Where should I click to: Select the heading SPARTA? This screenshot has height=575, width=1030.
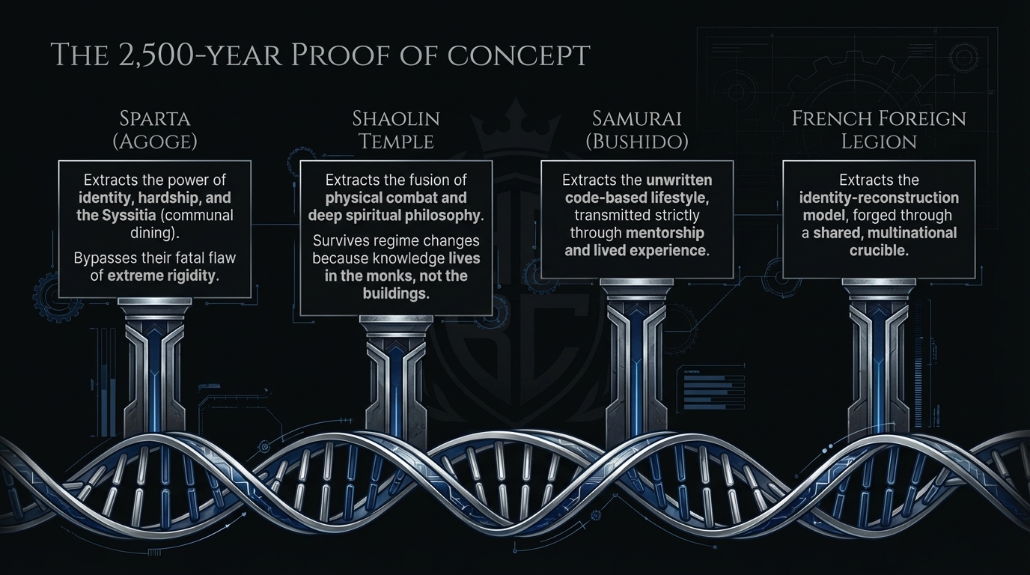click(x=155, y=118)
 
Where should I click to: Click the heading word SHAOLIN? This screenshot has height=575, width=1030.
click(x=396, y=118)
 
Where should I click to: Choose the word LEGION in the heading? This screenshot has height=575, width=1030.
click(x=879, y=141)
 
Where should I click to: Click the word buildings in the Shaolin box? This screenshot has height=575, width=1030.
click(x=395, y=293)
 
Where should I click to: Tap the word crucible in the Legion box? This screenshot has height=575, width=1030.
click(x=879, y=250)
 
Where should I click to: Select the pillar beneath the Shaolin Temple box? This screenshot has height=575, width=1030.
click(x=396, y=374)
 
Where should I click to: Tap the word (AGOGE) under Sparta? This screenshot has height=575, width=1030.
click(x=155, y=141)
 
